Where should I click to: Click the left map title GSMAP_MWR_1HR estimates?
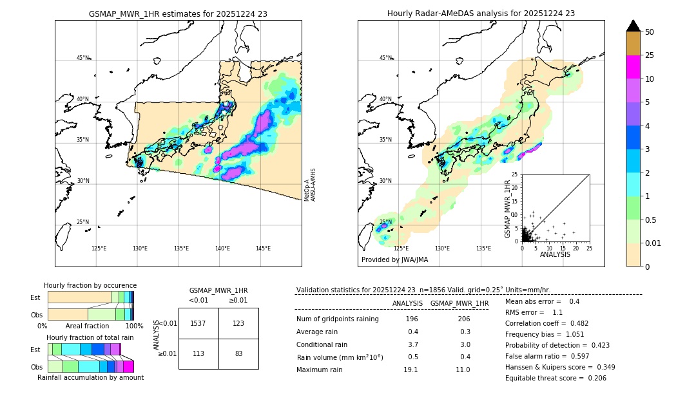(178, 14)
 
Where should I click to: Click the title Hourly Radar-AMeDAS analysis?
(481, 14)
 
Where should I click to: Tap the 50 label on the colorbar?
(650, 32)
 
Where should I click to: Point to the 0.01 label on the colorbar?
(653, 243)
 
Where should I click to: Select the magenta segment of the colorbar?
(633, 67)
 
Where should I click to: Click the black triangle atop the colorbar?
(633, 26)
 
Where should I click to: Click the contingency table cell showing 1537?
(198, 323)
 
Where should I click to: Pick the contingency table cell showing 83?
(238, 353)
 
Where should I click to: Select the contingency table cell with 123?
(238, 323)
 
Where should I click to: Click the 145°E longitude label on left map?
(263, 249)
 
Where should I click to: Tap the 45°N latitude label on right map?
(385, 58)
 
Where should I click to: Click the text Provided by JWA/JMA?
(394, 260)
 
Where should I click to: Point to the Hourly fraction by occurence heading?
(90, 285)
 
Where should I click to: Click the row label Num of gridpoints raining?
(337, 319)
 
